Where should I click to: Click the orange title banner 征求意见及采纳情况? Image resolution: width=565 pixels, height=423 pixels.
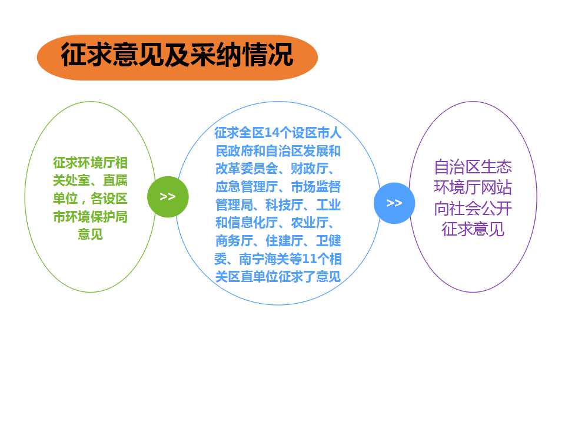point(177,58)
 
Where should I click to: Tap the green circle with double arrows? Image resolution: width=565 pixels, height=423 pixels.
point(168,197)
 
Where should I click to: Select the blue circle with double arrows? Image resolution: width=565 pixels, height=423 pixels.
point(394,203)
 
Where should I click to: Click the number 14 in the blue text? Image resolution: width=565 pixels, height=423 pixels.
point(272,133)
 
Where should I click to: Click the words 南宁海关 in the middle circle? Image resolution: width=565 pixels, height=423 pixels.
point(264,259)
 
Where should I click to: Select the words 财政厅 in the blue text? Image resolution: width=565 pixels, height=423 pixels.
point(310,169)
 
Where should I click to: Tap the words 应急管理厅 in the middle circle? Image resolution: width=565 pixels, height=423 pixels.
point(247,187)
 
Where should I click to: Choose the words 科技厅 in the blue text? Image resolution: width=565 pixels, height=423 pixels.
point(284,204)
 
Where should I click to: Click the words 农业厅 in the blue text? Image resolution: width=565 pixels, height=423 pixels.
point(310,223)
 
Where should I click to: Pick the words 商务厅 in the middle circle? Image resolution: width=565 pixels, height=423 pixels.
point(234,241)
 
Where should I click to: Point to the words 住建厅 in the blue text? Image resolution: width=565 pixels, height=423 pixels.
point(284,241)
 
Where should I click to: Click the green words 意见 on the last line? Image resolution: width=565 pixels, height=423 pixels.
point(90,234)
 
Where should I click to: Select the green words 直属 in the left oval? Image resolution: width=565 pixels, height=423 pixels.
point(115,180)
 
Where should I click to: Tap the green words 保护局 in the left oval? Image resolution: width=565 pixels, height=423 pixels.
point(109,217)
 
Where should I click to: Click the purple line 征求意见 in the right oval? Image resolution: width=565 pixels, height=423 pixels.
point(473,229)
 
